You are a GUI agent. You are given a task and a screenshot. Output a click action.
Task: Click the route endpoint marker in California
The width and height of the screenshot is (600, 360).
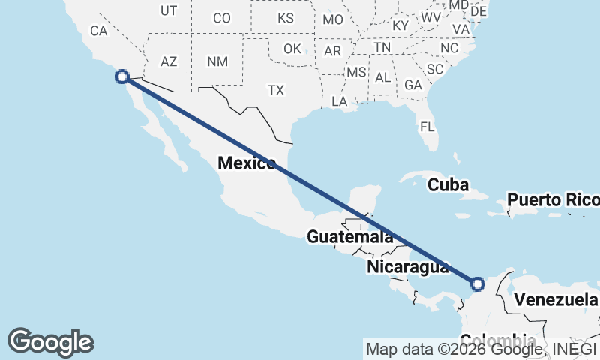tap(121, 76)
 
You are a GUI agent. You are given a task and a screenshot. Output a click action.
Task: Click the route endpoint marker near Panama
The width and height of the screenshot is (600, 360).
tap(478, 283)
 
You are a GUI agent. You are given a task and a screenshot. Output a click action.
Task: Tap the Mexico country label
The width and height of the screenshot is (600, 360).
tap(246, 163)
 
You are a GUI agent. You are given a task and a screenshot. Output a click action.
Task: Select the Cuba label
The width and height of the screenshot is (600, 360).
tap(448, 184)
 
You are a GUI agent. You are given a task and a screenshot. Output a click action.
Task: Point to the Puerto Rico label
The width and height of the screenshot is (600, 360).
tap(553, 200)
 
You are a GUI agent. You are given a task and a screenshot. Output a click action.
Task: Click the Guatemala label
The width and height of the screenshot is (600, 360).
tap(349, 237)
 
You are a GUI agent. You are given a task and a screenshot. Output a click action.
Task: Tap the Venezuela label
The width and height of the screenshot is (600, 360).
tap(555, 300)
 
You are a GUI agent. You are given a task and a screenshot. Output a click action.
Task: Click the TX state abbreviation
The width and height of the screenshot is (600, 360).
tap(276, 90)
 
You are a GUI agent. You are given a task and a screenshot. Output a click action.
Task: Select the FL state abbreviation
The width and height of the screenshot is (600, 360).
tap(427, 127)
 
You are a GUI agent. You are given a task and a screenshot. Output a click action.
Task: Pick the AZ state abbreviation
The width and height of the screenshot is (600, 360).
tap(169, 61)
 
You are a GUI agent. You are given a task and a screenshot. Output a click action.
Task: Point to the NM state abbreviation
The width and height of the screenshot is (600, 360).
tap(217, 61)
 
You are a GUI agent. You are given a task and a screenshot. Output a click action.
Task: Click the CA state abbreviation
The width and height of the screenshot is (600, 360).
tap(99, 31)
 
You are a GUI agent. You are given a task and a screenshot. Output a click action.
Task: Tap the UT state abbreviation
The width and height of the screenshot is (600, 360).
tap(169, 10)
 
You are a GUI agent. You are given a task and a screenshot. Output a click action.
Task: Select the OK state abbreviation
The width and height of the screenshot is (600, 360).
tap(292, 49)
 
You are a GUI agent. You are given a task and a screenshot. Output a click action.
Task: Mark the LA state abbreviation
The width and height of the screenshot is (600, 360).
tap(339, 100)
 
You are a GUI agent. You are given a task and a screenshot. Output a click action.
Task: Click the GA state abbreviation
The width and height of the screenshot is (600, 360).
tap(412, 85)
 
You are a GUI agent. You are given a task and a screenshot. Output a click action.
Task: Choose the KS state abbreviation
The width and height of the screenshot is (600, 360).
tap(286, 17)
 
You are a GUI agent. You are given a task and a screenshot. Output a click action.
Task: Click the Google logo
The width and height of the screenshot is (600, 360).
tap(50, 342)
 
